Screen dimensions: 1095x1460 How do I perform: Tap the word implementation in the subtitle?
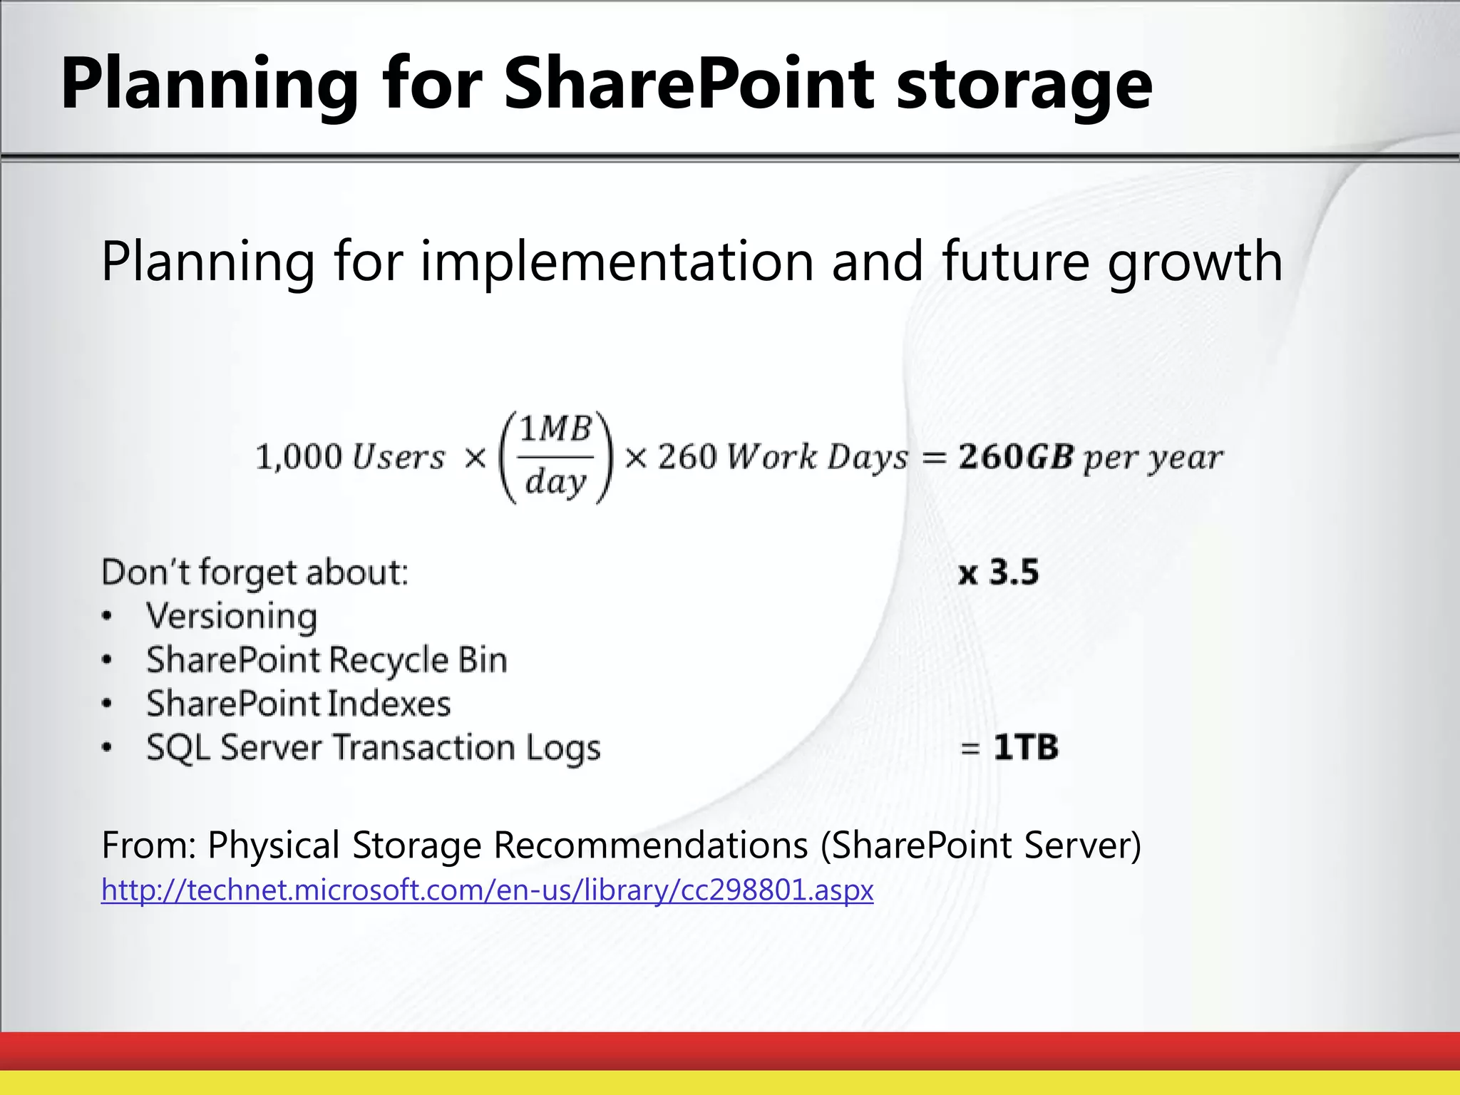[617, 262]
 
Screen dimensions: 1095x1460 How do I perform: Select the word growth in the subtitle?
[1195, 262]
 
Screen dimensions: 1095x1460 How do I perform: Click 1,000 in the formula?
[299, 457]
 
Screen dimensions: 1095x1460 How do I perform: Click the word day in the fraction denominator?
[555, 483]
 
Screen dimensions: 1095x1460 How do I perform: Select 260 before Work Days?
[687, 457]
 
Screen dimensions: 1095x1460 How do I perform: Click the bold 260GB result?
[1015, 457]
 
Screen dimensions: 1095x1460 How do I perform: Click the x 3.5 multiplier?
[998, 572]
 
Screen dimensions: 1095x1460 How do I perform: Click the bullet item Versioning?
[232, 617]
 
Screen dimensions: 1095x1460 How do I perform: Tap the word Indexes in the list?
[389, 704]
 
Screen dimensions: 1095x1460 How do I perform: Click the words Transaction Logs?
[466, 748]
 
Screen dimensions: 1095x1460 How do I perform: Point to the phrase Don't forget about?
[255, 572]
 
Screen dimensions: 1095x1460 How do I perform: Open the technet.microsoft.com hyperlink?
[487, 890]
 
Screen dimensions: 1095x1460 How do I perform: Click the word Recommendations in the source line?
[650, 845]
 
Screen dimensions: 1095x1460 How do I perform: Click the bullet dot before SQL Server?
[107, 748]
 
